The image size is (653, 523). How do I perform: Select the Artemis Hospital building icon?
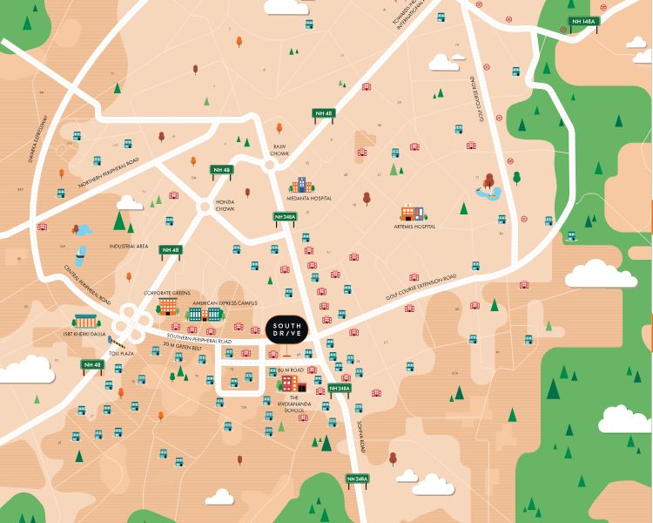tap(412, 213)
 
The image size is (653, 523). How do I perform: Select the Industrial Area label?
tap(129, 247)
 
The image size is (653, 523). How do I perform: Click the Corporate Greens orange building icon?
tap(168, 306)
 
